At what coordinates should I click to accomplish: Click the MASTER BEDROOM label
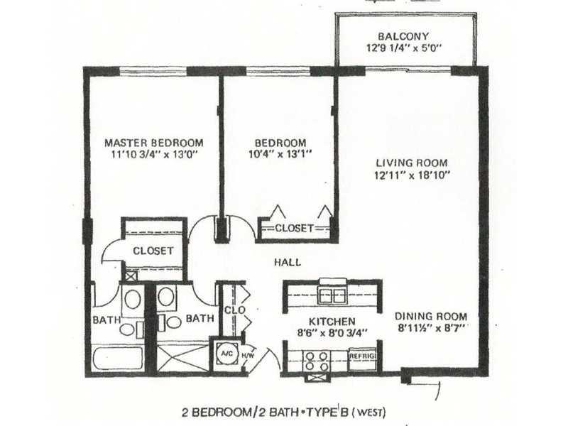(154, 143)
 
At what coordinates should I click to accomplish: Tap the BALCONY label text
(403, 36)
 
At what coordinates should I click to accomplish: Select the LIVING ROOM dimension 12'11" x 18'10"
(413, 175)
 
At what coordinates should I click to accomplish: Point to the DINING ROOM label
(431, 316)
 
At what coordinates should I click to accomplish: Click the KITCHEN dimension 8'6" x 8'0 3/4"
(332, 332)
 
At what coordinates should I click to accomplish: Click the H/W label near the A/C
(248, 356)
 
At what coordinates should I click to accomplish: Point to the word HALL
(288, 262)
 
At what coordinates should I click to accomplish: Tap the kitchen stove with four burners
(316, 361)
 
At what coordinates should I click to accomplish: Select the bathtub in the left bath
(118, 358)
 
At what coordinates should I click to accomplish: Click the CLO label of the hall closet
(235, 310)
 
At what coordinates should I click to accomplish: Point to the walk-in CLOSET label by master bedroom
(153, 251)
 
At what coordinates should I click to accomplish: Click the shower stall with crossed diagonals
(183, 358)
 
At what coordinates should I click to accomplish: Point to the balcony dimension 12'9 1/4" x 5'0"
(403, 48)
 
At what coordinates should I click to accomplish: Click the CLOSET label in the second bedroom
(294, 228)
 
